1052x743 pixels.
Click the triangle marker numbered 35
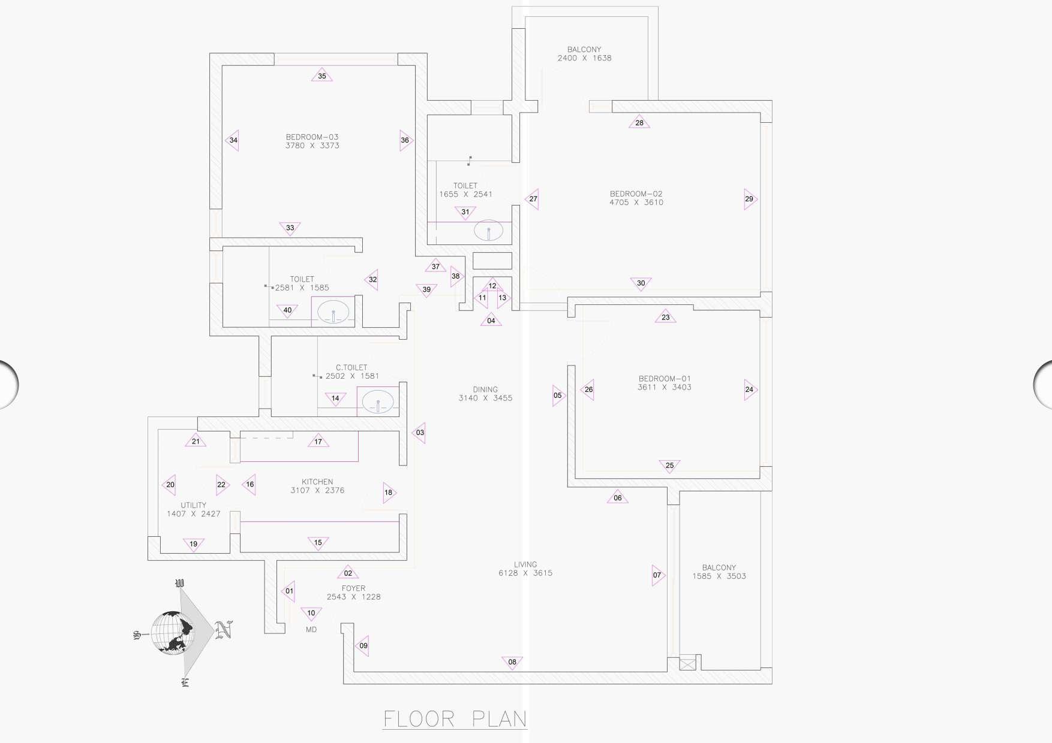point(322,75)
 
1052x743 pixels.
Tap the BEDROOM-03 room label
point(312,137)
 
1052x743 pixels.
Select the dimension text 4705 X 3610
point(636,203)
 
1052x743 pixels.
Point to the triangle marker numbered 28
point(639,122)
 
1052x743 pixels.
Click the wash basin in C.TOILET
point(378,401)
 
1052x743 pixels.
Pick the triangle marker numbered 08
point(512,662)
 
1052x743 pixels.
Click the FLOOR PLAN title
point(455,718)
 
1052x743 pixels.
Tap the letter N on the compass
point(224,629)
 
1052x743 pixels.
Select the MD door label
point(311,630)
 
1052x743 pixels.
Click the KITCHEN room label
point(317,482)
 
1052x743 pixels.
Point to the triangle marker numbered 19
point(193,544)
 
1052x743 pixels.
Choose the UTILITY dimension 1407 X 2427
point(194,514)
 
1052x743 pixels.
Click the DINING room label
point(485,389)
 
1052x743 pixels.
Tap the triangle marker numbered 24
point(750,389)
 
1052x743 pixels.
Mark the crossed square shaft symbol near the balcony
point(687,664)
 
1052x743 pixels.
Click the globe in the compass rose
point(172,633)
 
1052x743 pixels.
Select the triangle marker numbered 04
point(491,320)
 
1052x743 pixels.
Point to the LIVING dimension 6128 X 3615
point(525,573)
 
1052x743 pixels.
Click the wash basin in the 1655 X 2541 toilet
point(489,231)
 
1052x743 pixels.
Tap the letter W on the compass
point(179,583)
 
